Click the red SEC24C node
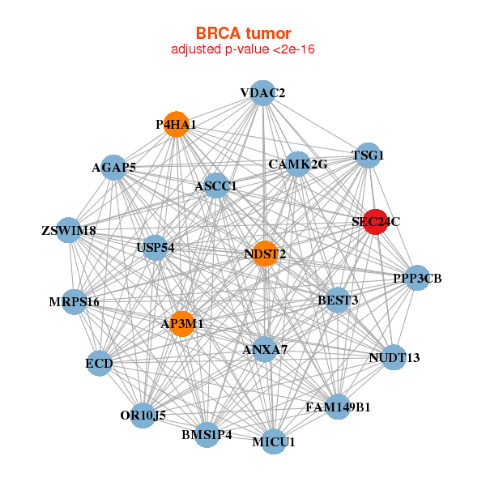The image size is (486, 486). coord(375,221)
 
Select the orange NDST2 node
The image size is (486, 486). coord(265,254)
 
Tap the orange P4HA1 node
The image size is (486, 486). coord(176,125)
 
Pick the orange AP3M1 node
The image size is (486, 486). coord(181,323)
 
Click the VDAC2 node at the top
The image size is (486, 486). coord(262,93)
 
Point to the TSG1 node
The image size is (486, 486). coord(369,155)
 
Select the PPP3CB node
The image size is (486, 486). coord(417,279)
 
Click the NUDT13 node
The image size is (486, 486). coord(394,357)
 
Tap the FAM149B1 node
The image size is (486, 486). coord(338,407)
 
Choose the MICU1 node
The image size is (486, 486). coord(274,441)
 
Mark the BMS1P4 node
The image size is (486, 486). coord(207,434)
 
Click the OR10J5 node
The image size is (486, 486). coord(143,415)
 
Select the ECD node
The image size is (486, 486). coord(100,364)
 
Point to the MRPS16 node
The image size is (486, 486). coord(74,302)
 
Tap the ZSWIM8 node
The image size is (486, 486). coord(69,231)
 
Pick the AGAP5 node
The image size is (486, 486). coord(113,168)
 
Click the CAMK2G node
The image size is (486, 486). coord(298,164)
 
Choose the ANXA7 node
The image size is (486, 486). coord(265,350)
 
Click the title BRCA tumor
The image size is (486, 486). coord(243,33)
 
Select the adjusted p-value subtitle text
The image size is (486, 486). coord(243,49)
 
